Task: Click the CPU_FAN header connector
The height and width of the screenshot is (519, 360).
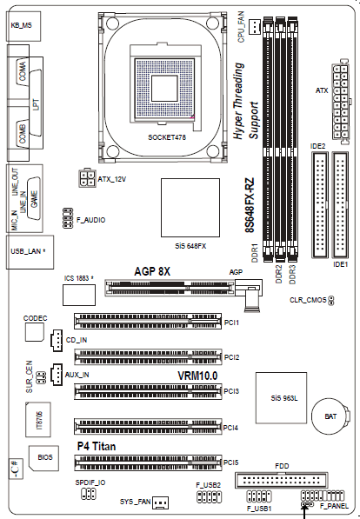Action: point(255,26)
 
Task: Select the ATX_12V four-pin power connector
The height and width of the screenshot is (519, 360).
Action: point(87,178)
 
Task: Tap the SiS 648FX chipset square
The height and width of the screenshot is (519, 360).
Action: point(190,208)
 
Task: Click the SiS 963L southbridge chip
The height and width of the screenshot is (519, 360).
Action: point(281,398)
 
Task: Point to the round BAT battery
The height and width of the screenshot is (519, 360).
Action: point(330,416)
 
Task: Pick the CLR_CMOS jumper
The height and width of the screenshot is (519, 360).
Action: point(330,301)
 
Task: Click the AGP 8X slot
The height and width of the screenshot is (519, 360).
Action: point(170,287)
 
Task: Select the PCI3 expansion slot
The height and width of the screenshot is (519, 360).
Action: point(148,391)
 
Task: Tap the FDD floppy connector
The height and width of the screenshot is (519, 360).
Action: point(282,480)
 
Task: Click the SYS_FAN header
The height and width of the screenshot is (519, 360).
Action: point(160,502)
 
